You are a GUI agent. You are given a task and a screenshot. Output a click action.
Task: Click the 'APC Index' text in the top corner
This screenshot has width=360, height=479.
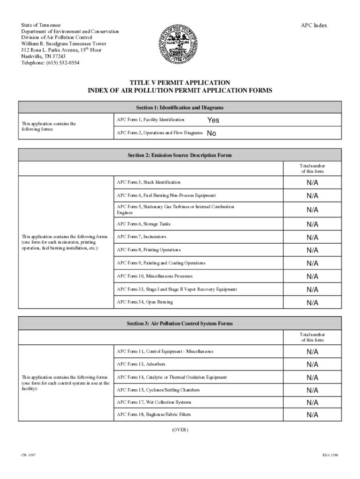click(313, 25)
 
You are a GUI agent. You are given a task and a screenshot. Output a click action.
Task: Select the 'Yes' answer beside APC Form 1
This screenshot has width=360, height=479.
click(213, 120)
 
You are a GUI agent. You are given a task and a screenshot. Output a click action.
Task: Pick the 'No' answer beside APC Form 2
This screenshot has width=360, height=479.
click(211, 133)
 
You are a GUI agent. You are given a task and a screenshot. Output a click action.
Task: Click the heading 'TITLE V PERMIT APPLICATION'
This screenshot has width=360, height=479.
click(180, 82)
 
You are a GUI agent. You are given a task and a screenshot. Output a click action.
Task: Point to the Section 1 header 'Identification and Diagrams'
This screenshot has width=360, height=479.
click(180, 108)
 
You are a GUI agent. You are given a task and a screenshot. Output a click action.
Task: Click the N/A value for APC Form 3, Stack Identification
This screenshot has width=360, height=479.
click(312, 182)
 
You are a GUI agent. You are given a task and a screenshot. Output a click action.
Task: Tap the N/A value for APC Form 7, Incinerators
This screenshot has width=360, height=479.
click(312, 237)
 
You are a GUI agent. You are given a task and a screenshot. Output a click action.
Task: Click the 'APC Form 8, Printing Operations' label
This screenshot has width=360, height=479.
click(149, 250)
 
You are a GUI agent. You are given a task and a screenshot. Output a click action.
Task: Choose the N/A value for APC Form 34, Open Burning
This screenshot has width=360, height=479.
click(312, 302)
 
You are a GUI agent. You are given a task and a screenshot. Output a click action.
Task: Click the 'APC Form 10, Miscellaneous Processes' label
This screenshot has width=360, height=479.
click(155, 276)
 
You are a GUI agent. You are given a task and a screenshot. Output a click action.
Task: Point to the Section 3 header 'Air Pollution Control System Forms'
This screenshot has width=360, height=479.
click(180, 323)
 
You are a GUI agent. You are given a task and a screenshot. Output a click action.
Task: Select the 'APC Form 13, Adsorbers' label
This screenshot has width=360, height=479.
click(141, 364)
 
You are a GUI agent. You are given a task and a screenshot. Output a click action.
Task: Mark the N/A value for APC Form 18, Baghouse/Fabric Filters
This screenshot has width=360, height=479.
click(312, 414)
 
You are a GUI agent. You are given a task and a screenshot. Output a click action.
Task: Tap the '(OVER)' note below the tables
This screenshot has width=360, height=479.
click(180, 429)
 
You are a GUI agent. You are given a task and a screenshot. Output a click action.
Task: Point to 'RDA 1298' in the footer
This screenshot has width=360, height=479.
click(331, 455)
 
